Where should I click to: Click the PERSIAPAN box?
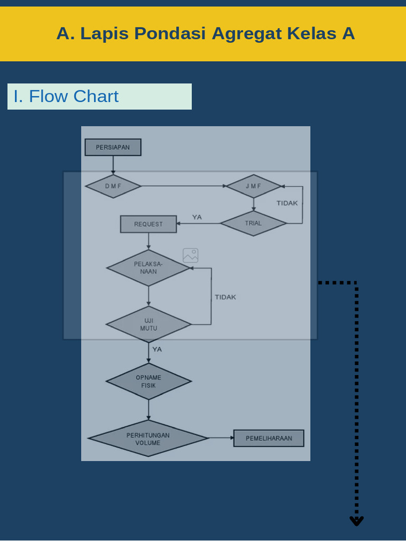click(x=113, y=147)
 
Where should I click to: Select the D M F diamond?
click(x=113, y=186)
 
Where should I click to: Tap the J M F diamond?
click(x=254, y=186)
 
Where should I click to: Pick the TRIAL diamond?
click(x=253, y=223)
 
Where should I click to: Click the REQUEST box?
click(x=149, y=224)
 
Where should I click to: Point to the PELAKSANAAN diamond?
click(x=149, y=268)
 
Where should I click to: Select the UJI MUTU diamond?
click(x=149, y=324)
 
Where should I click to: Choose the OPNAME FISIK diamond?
click(x=149, y=381)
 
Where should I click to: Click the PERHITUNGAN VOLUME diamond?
click(x=148, y=438)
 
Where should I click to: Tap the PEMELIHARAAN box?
click(x=269, y=438)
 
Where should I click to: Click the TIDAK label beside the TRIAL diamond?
click(x=287, y=203)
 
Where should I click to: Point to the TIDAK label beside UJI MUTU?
click(x=225, y=297)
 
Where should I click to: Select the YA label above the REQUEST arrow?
click(x=197, y=217)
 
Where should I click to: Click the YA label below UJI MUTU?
click(x=157, y=349)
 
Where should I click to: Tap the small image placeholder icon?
click(x=190, y=256)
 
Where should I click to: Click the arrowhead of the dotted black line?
click(x=357, y=521)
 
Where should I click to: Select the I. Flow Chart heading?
click(x=66, y=96)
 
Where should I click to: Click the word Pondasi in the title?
click(x=170, y=33)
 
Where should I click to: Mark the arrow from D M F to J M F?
click(x=184, y=186)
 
